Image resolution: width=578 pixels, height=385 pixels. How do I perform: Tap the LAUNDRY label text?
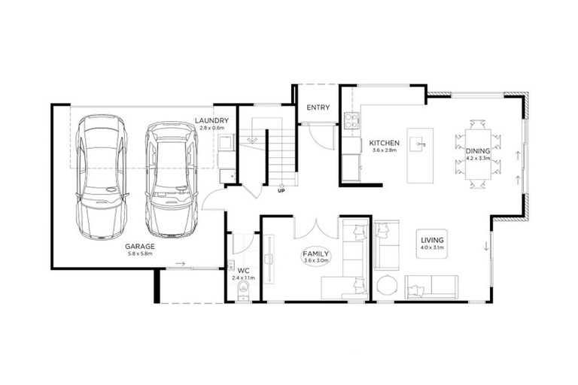211,121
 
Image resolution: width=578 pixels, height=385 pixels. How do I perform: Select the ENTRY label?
318,108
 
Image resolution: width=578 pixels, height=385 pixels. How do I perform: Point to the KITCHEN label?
383,143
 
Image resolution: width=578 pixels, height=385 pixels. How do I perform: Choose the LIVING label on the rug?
433,239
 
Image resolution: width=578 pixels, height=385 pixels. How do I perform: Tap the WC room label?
243,270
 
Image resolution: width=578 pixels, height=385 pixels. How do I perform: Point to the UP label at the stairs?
281,190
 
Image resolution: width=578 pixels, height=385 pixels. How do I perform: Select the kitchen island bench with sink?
419,154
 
